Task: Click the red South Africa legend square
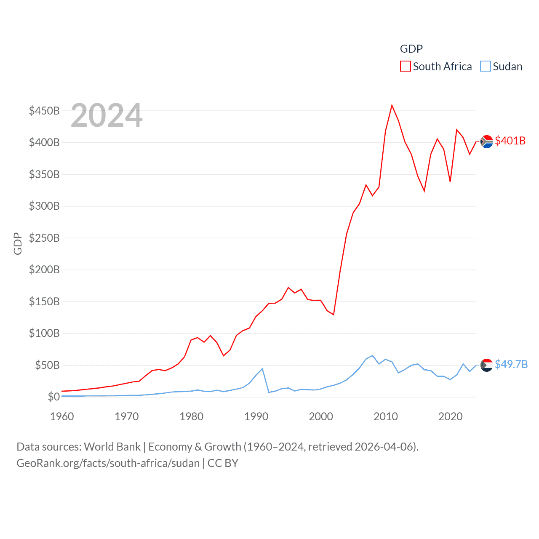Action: [405, 66]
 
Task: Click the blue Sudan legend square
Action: [486, 66]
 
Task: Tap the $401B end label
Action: [510, 141]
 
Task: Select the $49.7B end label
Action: [511, 364]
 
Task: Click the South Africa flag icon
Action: [487, 142]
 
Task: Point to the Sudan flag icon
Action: [487, 365]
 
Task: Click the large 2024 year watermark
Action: [107, 115]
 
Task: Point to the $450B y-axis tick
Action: [44, 111]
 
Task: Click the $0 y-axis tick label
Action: [53, 397]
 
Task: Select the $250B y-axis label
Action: [44, 238]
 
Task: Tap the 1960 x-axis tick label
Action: [62, 416]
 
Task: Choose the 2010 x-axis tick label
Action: [386, 416]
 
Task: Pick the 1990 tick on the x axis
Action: [256, 416]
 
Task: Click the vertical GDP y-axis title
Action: [18, 243]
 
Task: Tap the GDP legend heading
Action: [411, 49]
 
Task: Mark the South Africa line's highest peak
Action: [392, 105]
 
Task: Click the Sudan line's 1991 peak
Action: [262, 369]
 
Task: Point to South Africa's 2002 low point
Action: [334, 315]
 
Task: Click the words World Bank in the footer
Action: [112, 446]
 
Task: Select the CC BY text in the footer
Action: [223, 463]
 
